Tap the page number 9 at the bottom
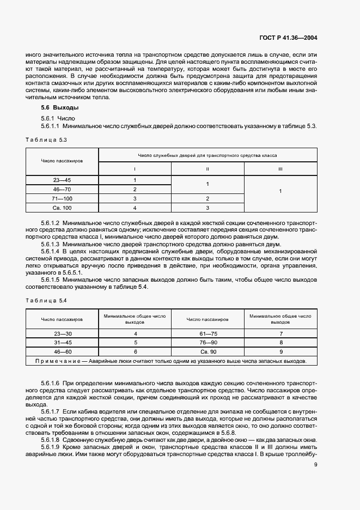point(316,464)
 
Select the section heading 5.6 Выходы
point(56,108)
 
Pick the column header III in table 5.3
point(280,169)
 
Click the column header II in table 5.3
point(208,169)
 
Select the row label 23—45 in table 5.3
point(63,180)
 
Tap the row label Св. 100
point(63,208)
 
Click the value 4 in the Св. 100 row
point(135,208)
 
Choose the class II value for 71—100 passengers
point(208,198)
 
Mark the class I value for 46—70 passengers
point(135,189)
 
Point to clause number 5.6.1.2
point(50,223)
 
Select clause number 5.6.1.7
point(50,409)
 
